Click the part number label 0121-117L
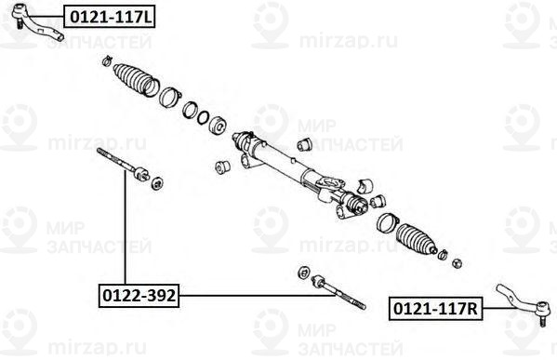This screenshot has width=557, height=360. pos(109,17)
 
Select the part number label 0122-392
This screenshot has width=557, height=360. pos(139,295)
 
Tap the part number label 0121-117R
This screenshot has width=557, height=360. pos(435,309)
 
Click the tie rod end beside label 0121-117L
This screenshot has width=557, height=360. pos(35,22)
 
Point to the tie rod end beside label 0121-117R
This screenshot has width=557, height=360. pos(523,302)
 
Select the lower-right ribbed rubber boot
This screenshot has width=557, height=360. pos(416,238)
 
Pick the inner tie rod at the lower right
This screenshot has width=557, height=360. pos(338,292)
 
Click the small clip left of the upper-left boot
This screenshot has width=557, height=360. pos(107,60)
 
